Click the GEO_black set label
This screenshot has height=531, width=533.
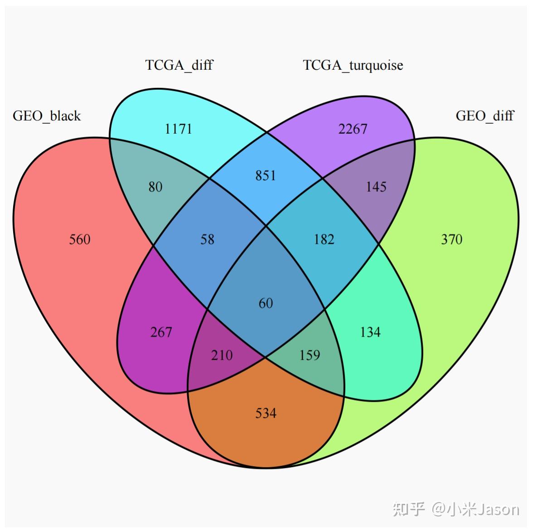coord(47,116)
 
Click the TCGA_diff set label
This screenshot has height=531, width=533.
coord(179,65)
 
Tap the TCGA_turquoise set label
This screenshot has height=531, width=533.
coord(353,65)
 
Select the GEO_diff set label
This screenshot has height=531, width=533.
coord(485,116)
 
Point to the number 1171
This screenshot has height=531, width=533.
coord(178,129)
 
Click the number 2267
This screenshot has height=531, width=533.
coord(353,129)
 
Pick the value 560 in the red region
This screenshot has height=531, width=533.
coord(80,239)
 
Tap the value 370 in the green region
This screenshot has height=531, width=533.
coord(451,239)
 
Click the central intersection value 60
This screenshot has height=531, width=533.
coord(266,303)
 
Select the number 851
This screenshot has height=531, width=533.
coord(266,175)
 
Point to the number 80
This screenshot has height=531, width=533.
coord(155,187)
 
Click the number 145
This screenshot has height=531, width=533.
coord(376,187)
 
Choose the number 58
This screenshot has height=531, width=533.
coord(207,239)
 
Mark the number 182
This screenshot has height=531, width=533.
coord(324,239)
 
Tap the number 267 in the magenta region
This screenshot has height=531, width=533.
coord(161,332)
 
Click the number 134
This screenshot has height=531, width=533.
coord(370,332)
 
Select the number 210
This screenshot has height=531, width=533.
coord(222,355)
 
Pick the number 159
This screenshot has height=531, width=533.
coord(310,355)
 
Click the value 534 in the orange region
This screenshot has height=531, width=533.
coord(266,413)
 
